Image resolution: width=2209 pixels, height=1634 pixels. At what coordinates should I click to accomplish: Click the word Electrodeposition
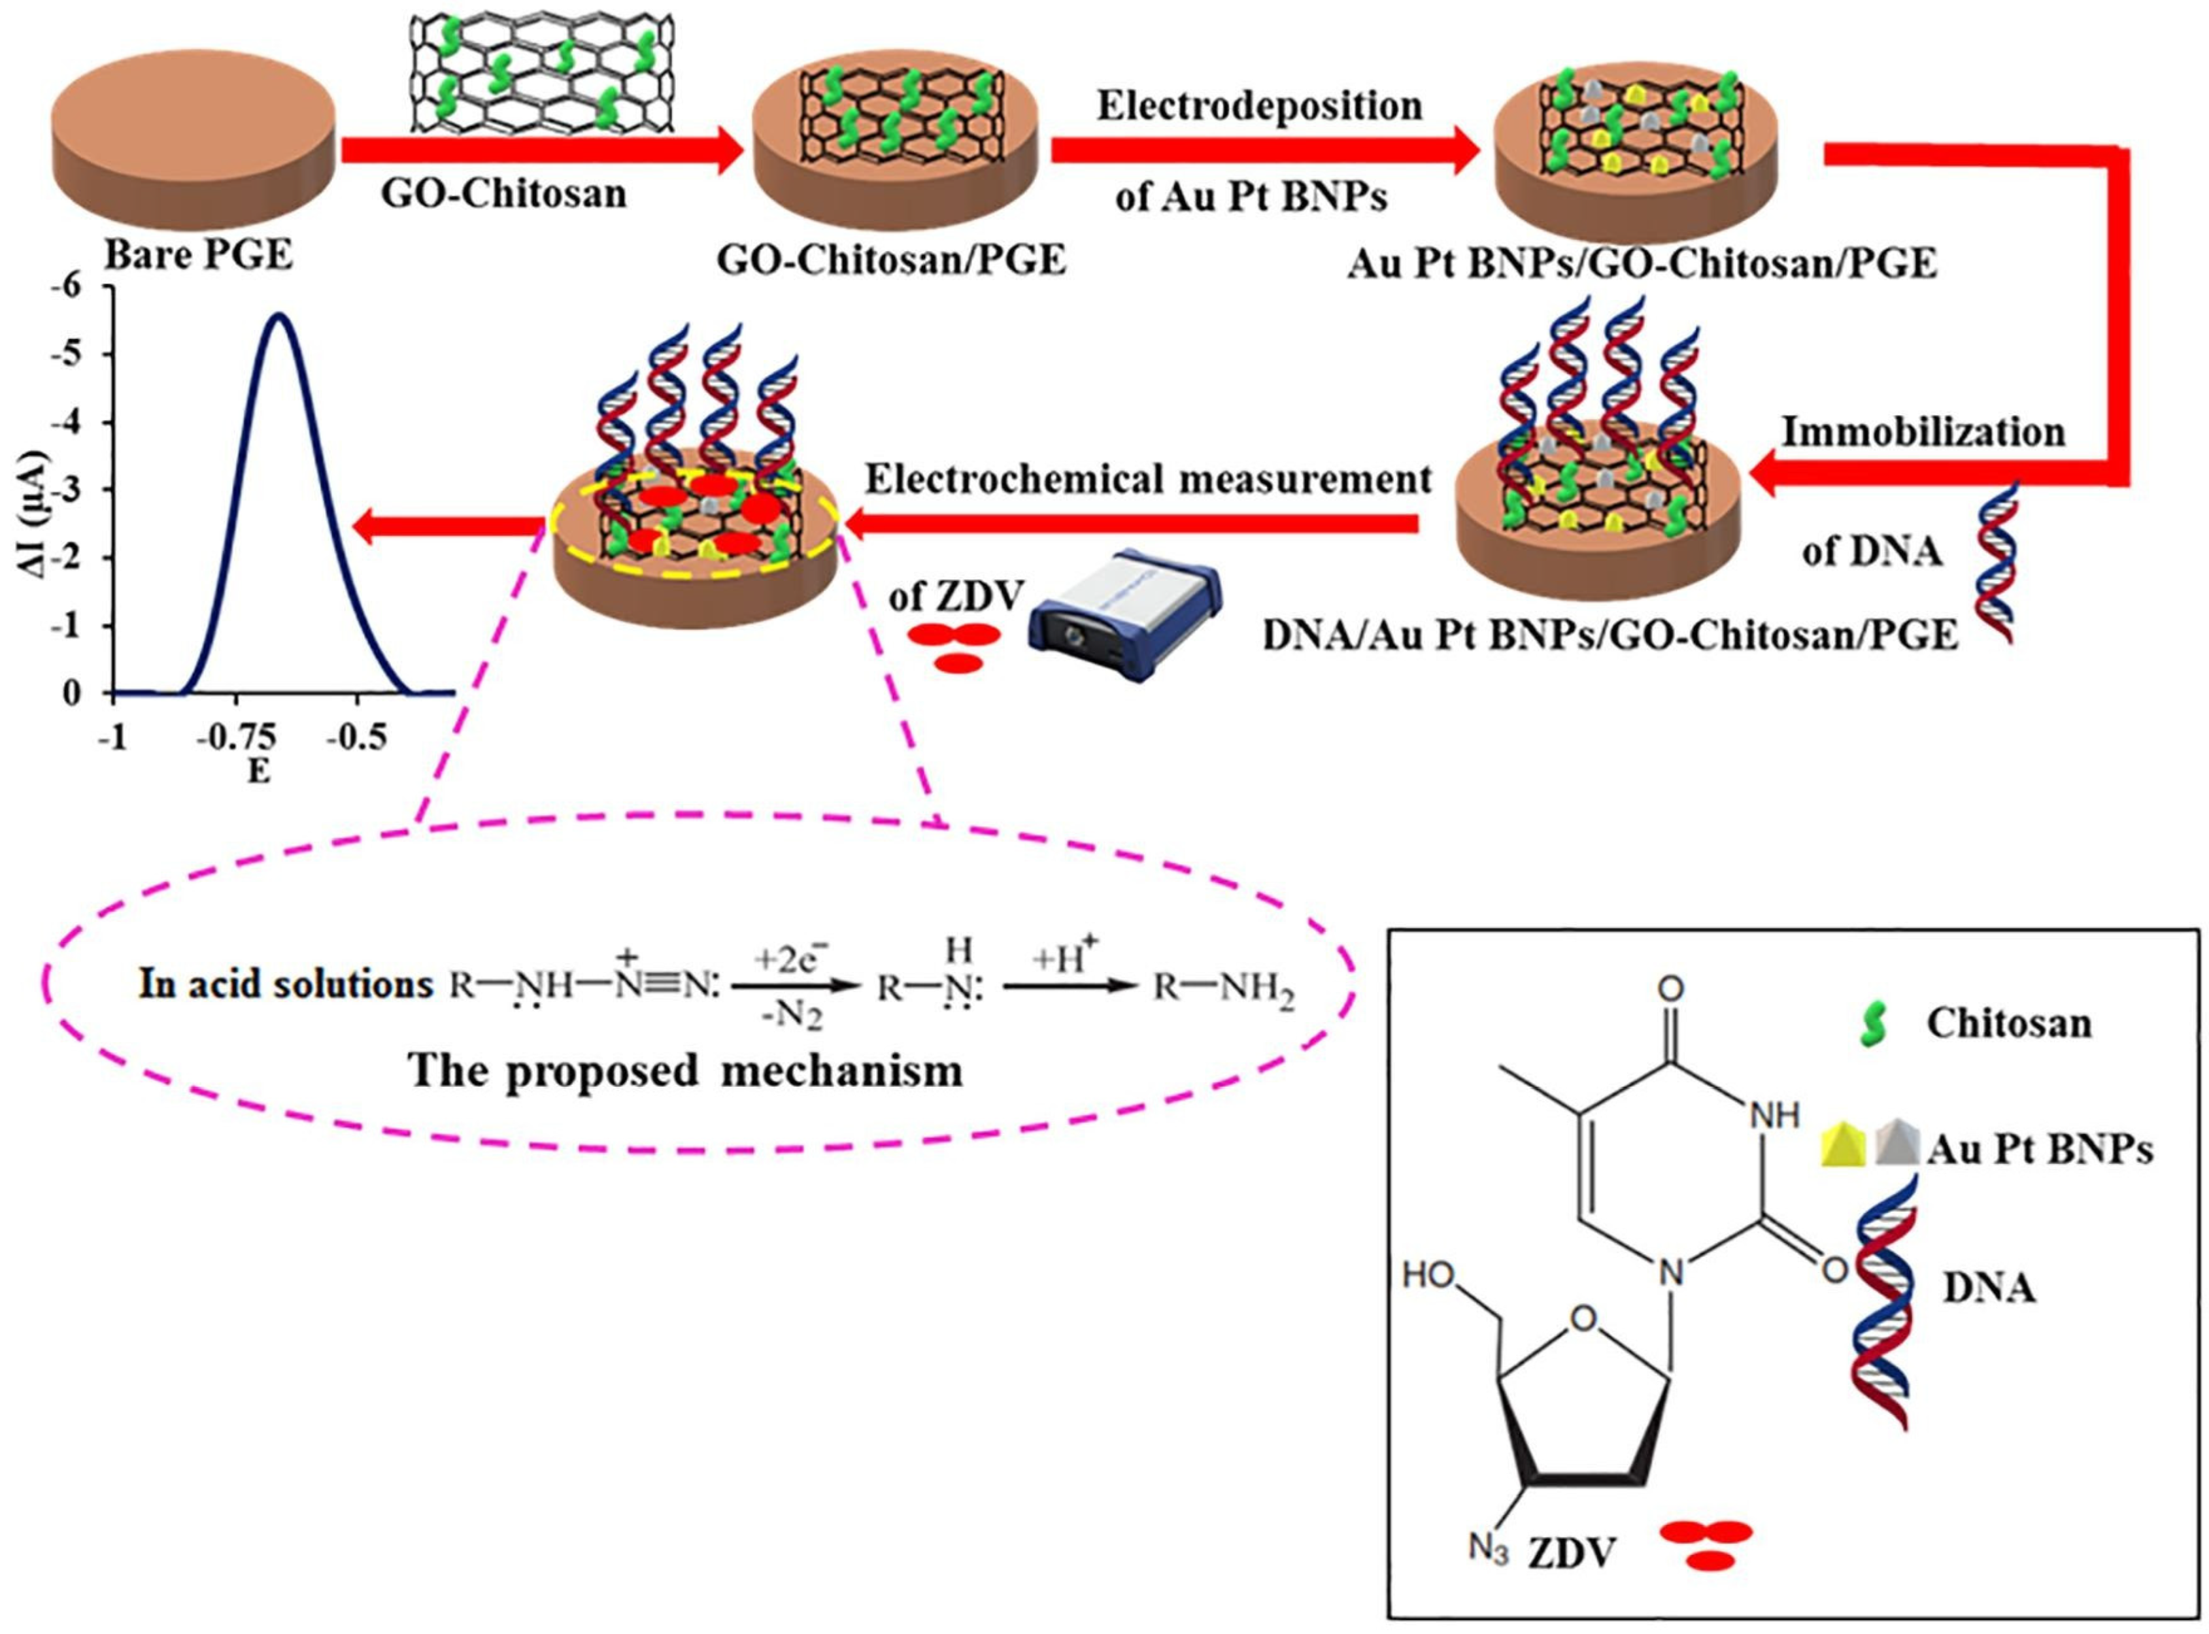coord(1259,106)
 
